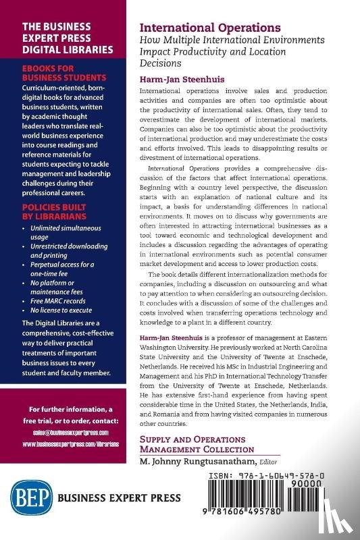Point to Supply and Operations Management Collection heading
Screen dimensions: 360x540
click(197, 444)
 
